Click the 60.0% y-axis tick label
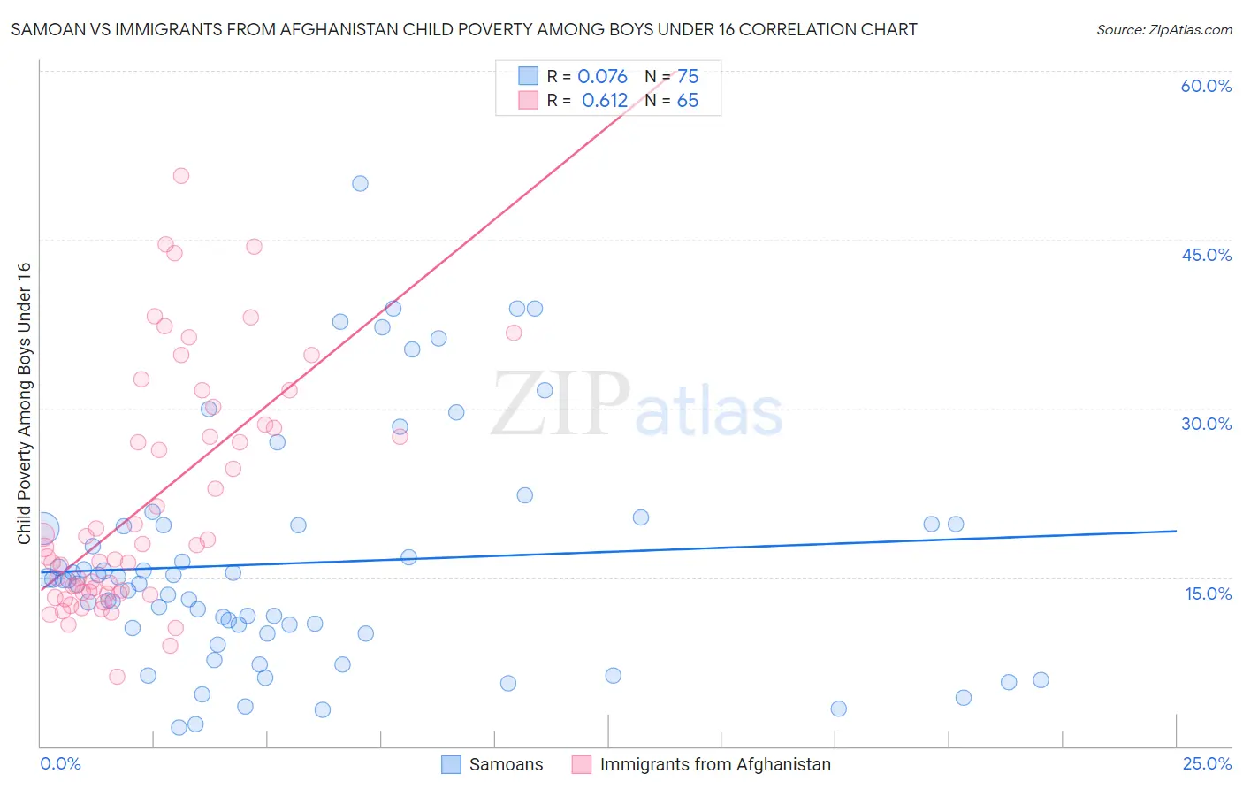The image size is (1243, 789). pos(1206,86)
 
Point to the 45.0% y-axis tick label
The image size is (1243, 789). pos(1206,255)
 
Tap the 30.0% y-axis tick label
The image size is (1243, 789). pos(1206,424)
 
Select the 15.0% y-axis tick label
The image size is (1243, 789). pos(1208,594)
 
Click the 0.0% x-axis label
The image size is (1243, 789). pos(60,763)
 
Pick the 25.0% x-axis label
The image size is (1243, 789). pos(1207,763)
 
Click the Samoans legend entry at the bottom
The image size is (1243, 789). pos(506,764)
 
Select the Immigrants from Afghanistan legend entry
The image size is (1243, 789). pos(715,764)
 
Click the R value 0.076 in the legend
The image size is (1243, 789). pos(602,77)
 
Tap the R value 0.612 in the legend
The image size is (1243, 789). pos(605,101)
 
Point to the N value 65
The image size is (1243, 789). pos(688,101)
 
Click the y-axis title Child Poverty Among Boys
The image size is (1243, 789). pos(24,403)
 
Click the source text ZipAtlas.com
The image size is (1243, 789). pos(1163,29)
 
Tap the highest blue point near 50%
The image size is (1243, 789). pos(360,184)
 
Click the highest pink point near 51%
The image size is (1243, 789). pos(181,176)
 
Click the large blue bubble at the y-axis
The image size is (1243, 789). pos(43,529)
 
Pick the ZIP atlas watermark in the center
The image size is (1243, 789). pos(637,404)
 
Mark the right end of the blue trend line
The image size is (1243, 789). pos(1176,531)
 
